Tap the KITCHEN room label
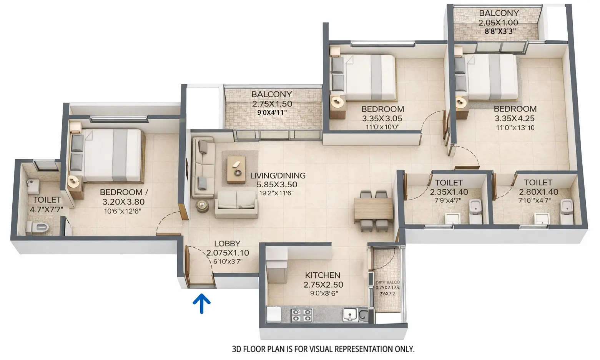pos(322,275)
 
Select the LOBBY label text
pos(227,243)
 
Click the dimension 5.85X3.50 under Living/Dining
pos(277,185)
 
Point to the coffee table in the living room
pos(236,169)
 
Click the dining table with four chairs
pos(373,210)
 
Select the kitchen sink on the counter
pos(350,315)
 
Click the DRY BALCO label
pos(387,282)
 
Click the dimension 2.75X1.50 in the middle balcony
pos(272,104)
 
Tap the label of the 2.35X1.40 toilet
pos(449,182)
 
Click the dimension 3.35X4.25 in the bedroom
pos(515,118)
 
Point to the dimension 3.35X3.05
pos(382,118)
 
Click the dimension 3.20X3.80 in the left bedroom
pos(123,202)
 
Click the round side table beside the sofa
pos(203,206)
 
